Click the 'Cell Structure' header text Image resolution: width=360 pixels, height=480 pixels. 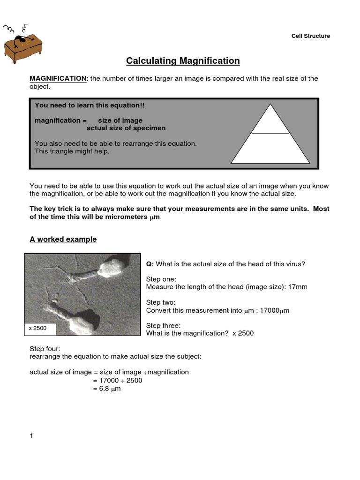(x=311, y=36)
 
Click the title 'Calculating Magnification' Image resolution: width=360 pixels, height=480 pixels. (x=183, y=61)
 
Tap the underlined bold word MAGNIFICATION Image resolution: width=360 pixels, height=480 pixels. (x=58, y=78)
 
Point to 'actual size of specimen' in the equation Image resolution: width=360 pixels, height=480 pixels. (x=126, y=128)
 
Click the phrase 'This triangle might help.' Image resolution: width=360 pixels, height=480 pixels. (x=72, y=151)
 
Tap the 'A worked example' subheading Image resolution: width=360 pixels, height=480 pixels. (x=63, y=240)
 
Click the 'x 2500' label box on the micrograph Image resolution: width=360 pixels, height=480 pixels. (x=40, y=329)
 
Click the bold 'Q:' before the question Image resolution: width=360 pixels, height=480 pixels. (x=150, y=264)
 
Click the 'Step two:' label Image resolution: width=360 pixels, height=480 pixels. (x=161, y=302)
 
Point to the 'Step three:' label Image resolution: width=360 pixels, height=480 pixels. (x=163, y=326)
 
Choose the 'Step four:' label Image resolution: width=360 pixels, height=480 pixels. (x=44, y=349)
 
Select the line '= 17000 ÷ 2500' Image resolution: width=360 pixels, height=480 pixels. (x=117, y=380)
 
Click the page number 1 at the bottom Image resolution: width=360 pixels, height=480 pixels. (x=31, y=436)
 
